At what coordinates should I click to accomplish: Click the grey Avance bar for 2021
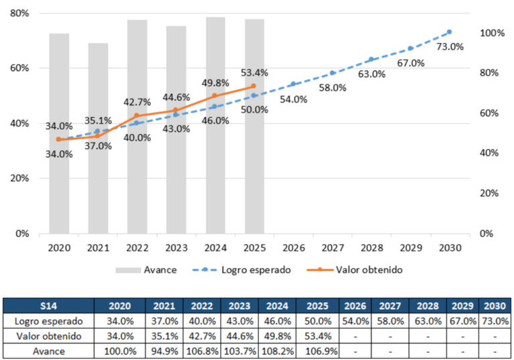point(98,139)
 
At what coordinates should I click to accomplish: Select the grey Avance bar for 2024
point(216,125)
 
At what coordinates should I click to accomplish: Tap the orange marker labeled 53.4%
point(254,86)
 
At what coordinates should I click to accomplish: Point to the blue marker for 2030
point(449,32)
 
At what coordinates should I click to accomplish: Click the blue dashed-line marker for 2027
point(332,73)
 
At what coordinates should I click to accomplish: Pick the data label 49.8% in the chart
point(215,83)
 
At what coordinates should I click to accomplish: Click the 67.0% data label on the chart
point(411,63)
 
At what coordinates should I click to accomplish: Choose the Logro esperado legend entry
point(242,270)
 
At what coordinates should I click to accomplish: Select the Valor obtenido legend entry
point(354,270)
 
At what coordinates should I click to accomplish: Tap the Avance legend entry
point(146,270)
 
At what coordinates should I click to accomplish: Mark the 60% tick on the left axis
point(19,68)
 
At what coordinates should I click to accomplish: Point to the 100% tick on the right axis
point(492,33)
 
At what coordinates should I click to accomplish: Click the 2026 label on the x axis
point(294,248)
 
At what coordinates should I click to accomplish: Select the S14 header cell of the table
point(48,306)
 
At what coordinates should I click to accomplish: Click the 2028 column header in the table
point(428,306)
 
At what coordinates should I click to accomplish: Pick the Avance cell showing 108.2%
point(277,351)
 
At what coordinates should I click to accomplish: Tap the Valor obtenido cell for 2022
point(202,336)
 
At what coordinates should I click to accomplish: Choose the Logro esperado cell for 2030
point(495,321)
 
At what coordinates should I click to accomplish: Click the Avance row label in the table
point(48,351)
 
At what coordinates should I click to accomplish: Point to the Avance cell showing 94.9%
point(165,351)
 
